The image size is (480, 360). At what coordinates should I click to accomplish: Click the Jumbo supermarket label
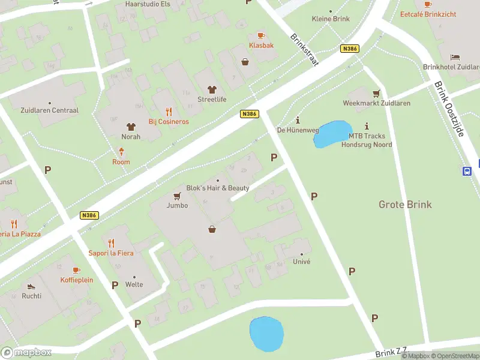(x=178, y=205)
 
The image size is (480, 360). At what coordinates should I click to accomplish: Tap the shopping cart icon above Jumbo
(x=178, y=196)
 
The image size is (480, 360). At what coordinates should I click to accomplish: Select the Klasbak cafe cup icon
(x=260, y=35)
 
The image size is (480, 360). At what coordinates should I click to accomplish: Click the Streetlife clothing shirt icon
(x=211, y=89)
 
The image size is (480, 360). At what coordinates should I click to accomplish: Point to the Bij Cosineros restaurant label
(x=169, y=122)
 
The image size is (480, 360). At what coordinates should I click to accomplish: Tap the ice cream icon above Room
(x=121, y=152)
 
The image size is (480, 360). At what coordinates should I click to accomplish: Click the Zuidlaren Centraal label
(x=49, y=110)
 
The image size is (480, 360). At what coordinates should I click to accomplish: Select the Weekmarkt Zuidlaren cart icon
(x=376, y=93)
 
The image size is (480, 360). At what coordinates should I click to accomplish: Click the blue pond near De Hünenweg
(x=332, y=134)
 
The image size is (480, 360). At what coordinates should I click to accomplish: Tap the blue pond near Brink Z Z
(x=266, y=334)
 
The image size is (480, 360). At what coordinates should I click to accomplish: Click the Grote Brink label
(x=405, y=205)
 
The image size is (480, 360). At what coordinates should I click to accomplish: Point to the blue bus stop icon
(x=467, y=171)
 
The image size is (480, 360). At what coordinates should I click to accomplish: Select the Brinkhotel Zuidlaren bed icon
(x=455, y=57)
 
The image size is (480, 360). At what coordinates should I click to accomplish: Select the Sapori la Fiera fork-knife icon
(x=111, y=243)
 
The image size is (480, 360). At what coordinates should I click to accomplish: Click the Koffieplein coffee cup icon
(x=76, y=271)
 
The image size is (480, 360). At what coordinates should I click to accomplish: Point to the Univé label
(x=301, y=262)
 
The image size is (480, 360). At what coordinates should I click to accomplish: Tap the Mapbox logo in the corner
(x=26, y=352)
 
